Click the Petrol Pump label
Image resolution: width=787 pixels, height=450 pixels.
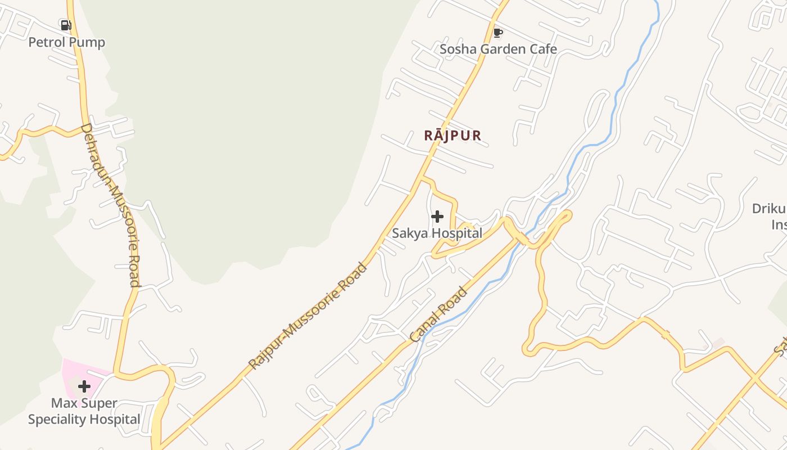[66, 42]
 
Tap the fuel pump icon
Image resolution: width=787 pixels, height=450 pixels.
[66, 25]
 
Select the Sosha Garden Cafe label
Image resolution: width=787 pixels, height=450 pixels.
[498, 49]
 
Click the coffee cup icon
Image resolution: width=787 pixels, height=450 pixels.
[497, 33]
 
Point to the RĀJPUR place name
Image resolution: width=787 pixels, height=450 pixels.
[453, 136]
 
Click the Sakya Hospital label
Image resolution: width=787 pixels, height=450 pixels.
[437, 233]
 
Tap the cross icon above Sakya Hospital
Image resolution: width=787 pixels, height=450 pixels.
[437, 217]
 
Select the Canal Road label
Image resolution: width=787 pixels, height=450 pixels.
[438, 315]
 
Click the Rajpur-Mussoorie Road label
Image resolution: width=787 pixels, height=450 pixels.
[307, 316]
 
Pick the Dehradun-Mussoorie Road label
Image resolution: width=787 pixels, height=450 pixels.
[110, 205]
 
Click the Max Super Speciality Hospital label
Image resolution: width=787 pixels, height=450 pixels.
[84, 411]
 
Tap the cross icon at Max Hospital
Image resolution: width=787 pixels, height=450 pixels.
[84, 386]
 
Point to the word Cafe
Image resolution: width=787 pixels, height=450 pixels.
[542, 49]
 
